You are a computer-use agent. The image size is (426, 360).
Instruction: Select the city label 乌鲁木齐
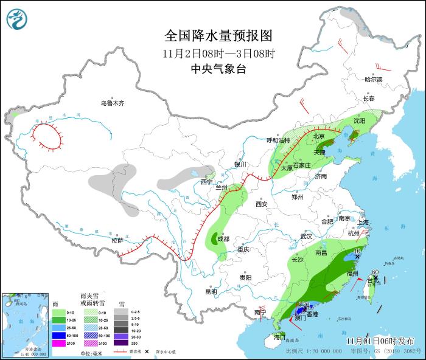(113, 103)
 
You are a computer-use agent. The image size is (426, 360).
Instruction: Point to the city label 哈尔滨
(374, 80)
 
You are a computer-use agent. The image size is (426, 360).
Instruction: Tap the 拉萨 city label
(117, 240)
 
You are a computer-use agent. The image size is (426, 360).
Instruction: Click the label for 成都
(223, 239)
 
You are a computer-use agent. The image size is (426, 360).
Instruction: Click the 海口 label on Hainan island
(279, 336)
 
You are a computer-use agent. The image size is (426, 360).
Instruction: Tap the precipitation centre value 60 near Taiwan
(375, 272)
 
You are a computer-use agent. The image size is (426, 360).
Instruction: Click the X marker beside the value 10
(357, 257)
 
